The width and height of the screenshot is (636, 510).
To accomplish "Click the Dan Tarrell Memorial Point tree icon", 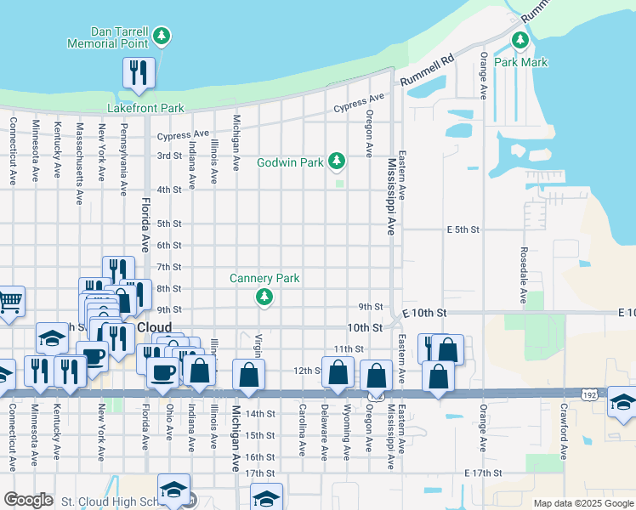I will [x=162, y=36].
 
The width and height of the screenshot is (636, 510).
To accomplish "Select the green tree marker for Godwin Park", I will [x=338, y=160].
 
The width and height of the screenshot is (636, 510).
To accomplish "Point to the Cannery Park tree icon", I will [x=264, y=296].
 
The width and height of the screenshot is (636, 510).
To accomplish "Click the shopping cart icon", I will [x=9, y=302].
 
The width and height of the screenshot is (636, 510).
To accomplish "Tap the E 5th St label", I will [x=463, y=229].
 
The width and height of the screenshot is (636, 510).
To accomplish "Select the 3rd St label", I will [x=169, y=156].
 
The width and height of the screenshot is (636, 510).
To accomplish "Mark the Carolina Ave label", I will [x=303, y=430].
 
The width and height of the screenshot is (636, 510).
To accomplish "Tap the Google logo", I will [x=28, y=500].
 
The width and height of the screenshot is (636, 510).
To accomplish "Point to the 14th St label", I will [x=259, y=414].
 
